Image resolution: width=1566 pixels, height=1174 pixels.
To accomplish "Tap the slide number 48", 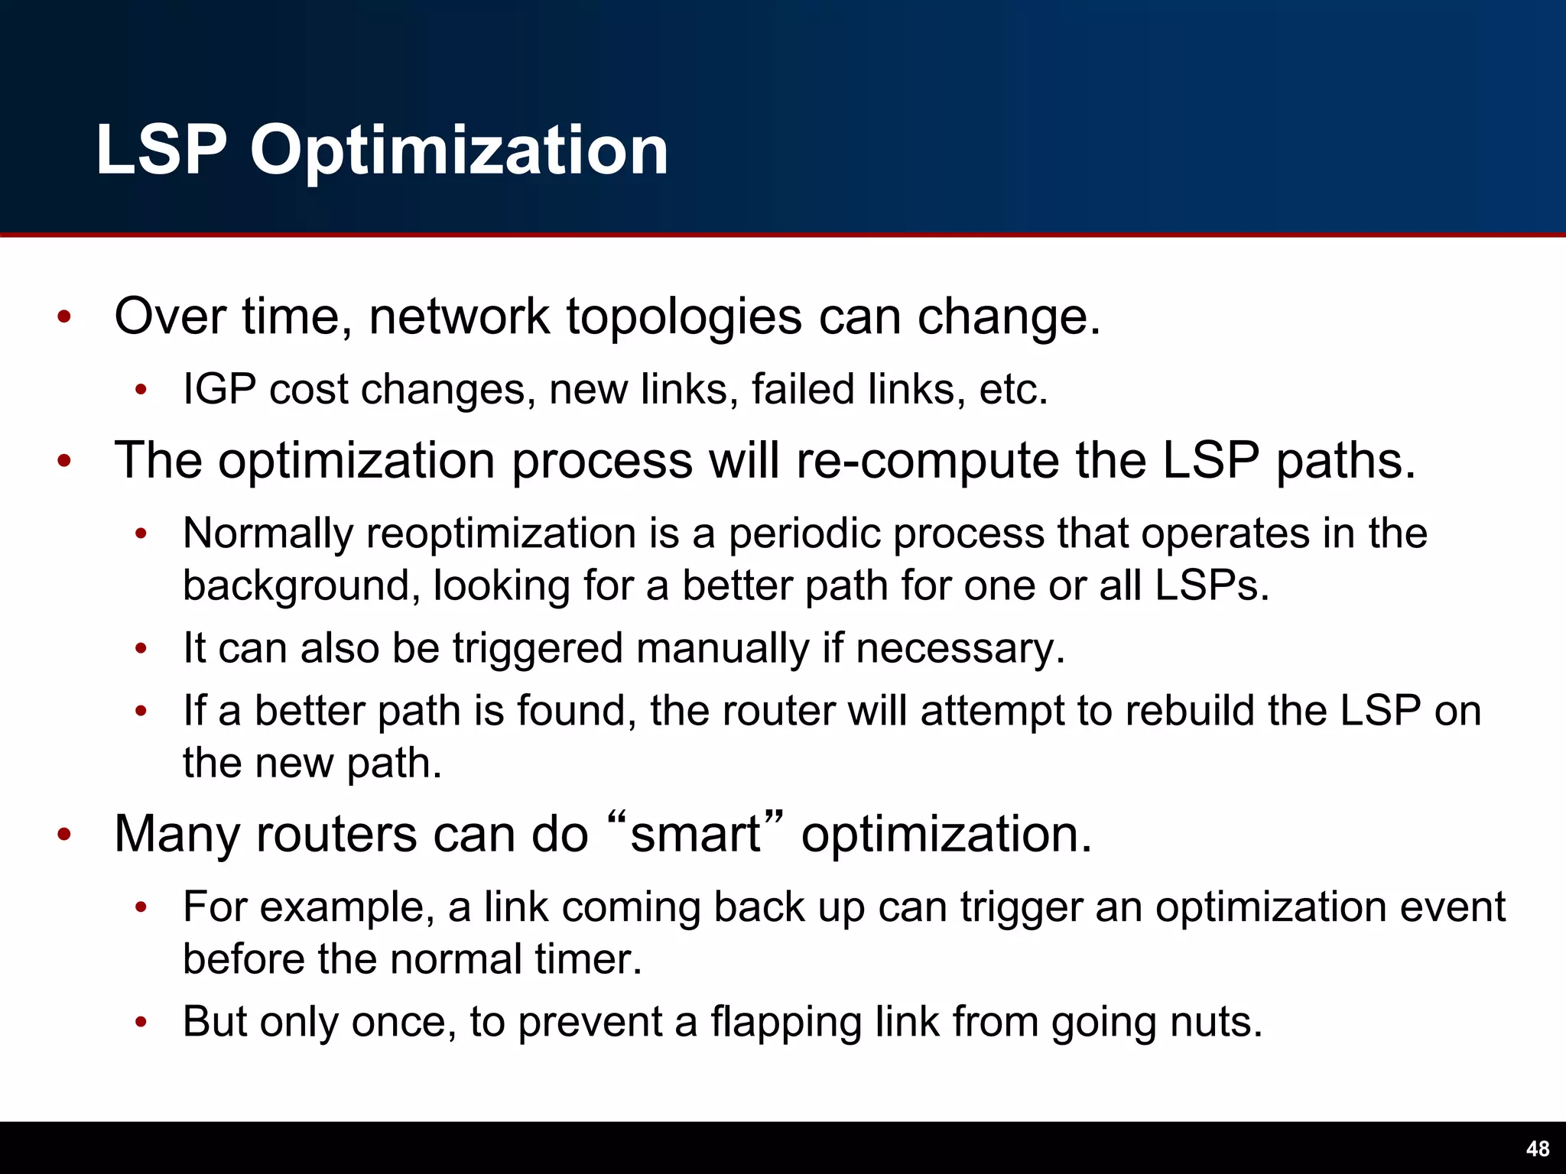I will tap(1537, 1149).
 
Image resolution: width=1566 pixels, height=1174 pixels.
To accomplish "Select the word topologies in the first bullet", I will tap(684, 317).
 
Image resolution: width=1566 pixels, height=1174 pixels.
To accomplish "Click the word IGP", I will tap(219, 389).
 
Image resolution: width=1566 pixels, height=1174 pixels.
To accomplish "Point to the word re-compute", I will tap(928, 461).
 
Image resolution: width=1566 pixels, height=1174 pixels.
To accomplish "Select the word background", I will tap(301, 586).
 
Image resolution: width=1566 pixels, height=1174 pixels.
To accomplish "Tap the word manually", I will tap(722, 649).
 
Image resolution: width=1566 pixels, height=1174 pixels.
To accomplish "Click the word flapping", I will tap(786, 1023).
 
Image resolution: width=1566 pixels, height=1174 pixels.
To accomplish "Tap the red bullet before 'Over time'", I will tap(64, 317).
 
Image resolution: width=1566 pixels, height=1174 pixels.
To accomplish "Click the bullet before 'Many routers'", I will tap(64, 835).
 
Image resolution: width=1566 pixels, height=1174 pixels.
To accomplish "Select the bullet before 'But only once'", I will tap(141, 1023).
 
